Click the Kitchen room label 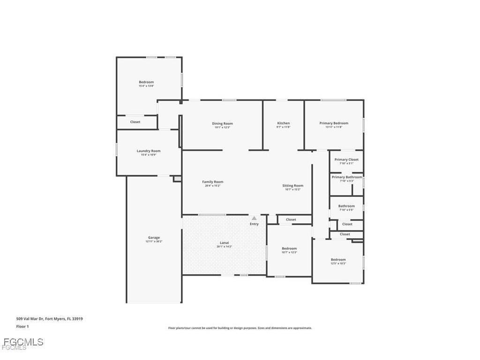pyautogui.click(x=283, y=123)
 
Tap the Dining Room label pyautogui.click(x=222, y=124)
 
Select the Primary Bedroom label pyautogui.click(x=334, y=123)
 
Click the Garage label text pyautogui.click(x=154, y=238)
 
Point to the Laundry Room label pyautogui.click(x=149, y=151)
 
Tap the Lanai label pyautogui.click(x=223, y=243)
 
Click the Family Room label pyautogui.click(x=212, y=182)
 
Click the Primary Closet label pyautogui.click(x=346, y=159)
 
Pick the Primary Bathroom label pyautogui.click(x=347, y=177)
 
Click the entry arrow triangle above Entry pyautogui.click(x=254, y=218)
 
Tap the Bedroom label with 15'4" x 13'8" pyautogui.click(x=146, y=82)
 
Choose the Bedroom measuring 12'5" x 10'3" pyautogui.click(x=338, y=260)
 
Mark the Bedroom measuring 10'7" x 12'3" pyautogui.click(x=289, y=248)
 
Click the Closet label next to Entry pyautogui.click(x=291, y=219)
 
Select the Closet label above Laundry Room pyautogui.click(x=135, y=122)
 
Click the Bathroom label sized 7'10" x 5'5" pyautogui.click(x=346, y=206)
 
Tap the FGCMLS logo pyautogui.click(x=22, y=343)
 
